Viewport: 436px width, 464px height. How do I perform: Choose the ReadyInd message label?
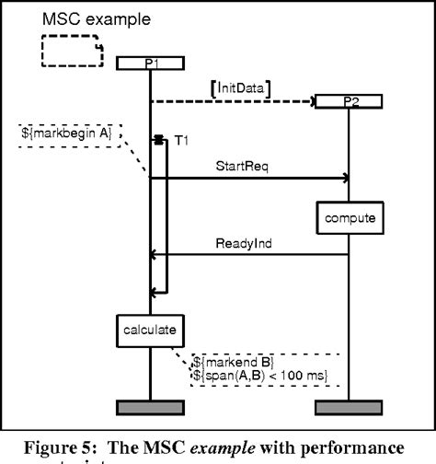coord(246,244)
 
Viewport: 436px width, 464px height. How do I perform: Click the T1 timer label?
coord(182,140)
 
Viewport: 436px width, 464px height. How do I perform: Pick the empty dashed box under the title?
coord(71,51)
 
